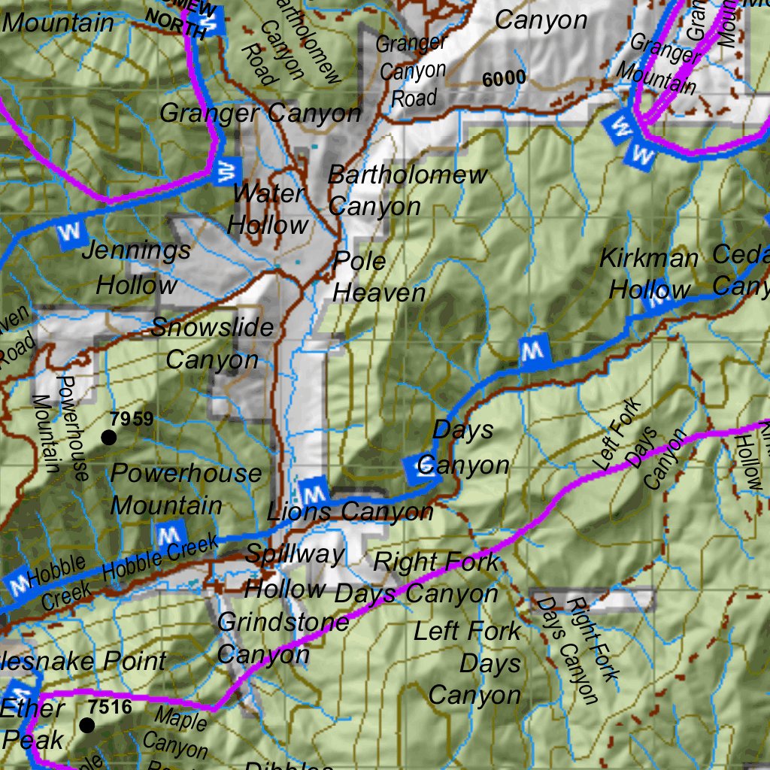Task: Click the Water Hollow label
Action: pyautogui.click(x=268, y=209)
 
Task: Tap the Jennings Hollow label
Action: pyautogui.click(x=137, y=268)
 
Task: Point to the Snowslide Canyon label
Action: pyautogui.click(x=212, y=344)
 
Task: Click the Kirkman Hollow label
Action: pyautogui.click(x=649, y=274)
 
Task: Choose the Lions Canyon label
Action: pyautogui.click(x=350, y=513)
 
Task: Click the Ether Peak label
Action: pyautogui.click(x=33, y=723)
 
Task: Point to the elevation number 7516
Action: pyautogui.click(x=110, y=707)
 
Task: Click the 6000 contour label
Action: pyautogui.click(x=505, y=78)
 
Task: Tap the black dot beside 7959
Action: pyautogui.click(x=109, y=438)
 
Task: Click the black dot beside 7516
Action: pyautogui.click(x=87, y=725)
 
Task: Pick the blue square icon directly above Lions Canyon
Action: pyautogui.click(x=312, y=493)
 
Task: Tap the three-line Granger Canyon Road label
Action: pyautogui.click(x=411, y=71)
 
